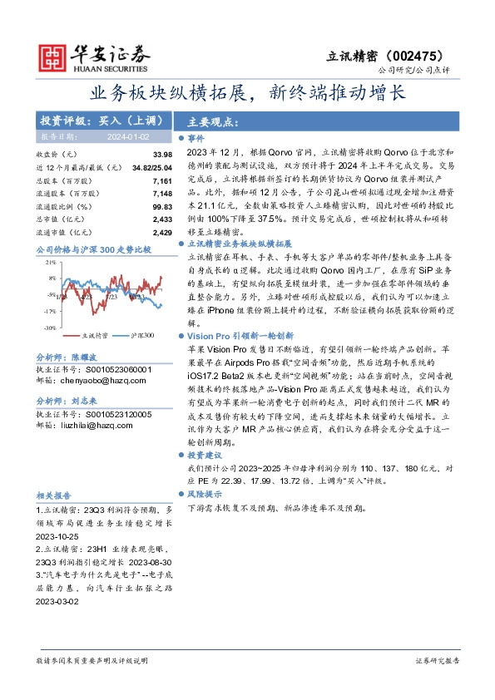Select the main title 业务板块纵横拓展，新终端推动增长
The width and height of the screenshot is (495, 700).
(x=247, y=92)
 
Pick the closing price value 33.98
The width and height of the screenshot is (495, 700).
(x=162, y=155)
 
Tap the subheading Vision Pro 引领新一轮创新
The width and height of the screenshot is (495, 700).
(x=236, y=334)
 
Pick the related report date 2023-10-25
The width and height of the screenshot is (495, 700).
(x=55, y=535)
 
